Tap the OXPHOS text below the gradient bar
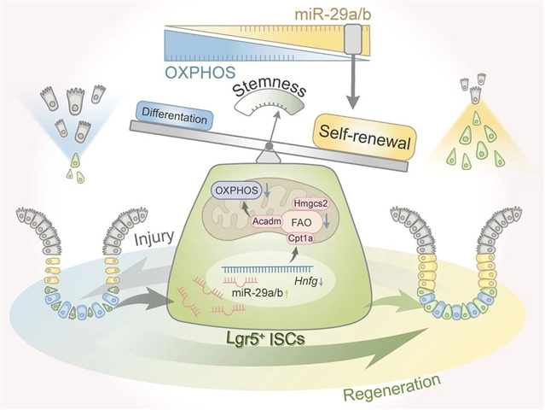coord(201,71)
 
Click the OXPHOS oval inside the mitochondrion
coord(236,192)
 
